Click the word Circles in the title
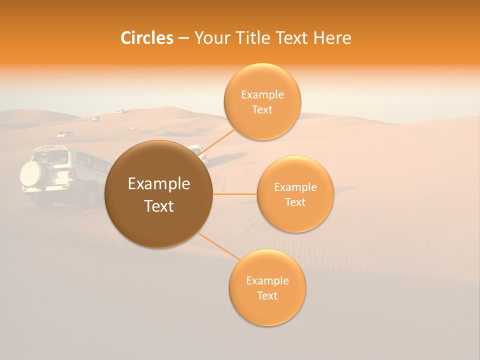147,38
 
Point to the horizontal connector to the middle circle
234,194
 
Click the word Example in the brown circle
159,184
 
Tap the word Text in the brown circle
159,206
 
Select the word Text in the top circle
262,110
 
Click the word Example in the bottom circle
267,281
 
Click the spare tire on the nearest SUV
33,173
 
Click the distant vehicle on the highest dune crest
119,111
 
